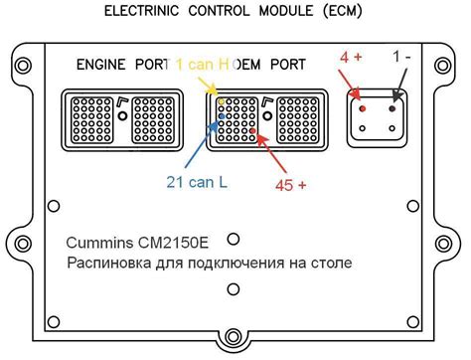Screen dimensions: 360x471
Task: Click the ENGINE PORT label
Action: (116, 66)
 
